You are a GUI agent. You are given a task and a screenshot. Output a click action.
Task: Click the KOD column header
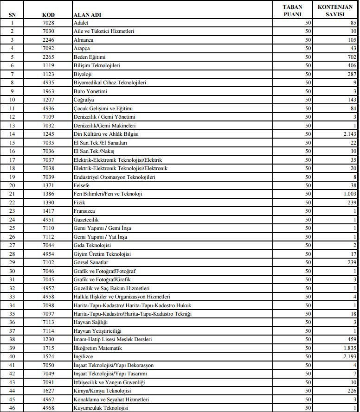(48, 14)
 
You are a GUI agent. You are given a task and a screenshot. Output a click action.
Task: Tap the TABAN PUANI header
(293, 11)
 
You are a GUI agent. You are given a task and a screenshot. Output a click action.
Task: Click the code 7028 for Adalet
(48, 22)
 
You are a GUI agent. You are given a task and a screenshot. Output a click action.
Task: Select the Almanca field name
(84, 39)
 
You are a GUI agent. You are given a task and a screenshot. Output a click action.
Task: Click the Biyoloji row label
(83, 74)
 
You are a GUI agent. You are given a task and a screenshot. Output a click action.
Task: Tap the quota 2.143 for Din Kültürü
(349, 134)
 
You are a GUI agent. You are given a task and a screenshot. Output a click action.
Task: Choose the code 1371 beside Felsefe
(48, 185)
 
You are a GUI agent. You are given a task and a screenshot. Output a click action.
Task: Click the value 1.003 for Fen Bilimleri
(349, 194)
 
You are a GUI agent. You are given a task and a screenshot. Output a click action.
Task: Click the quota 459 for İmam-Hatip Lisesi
(350, 339)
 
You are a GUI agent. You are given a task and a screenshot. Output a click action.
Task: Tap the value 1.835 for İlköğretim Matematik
(349, 348)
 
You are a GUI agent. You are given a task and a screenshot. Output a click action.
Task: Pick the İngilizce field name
(84, 356)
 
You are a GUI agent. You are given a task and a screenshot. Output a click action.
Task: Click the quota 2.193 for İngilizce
(349, 356)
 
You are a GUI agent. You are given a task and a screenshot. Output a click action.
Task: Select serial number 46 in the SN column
(12, 408)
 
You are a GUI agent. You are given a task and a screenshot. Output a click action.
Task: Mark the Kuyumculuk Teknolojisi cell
(100, 408)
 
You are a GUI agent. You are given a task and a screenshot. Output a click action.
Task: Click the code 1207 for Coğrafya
(48, 100)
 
